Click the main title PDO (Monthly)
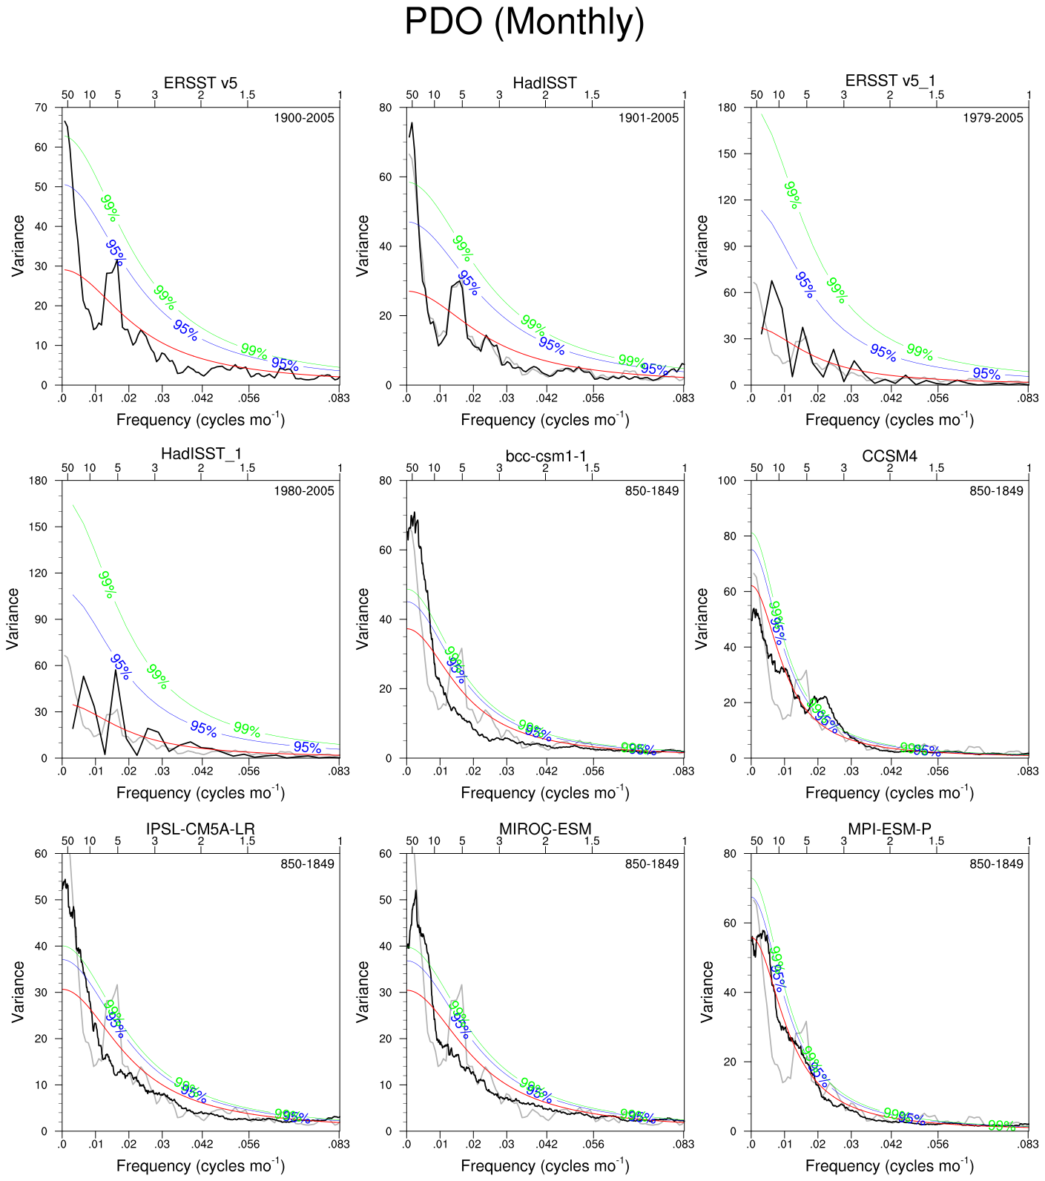tap(524, 22)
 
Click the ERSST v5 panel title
tap(200, 82)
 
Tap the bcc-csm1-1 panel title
tap(545, 455)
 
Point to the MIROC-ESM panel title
tap(545, 829)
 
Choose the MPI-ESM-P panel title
tap(889, 829)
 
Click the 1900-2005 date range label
tap(304, 118)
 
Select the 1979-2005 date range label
tap(993, 118)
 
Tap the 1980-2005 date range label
tap(304, 491)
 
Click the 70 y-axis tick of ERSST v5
tap(41, 108)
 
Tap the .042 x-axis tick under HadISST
tap(547, 398)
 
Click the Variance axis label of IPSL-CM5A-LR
tap(19, 992)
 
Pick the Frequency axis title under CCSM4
tap(889, 793)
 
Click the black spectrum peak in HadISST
tap(412, 124)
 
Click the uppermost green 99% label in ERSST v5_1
tap(792, 194)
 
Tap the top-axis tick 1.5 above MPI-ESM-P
tap(937, 840)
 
